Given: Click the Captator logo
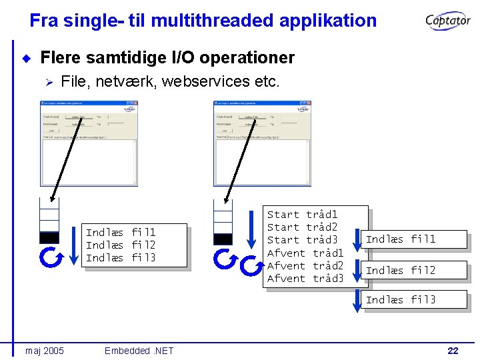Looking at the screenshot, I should tap(448, 21).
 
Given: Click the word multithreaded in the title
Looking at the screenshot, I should tap(212, 21).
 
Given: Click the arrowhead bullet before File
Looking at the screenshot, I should tap(48, 82).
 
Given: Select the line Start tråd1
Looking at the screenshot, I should tap(302, 215).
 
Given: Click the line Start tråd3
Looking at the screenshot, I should tap(302, 240).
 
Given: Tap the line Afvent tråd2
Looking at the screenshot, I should tap(305, 266).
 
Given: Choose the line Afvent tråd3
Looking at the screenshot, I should tap(305, 279).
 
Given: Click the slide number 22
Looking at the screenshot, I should tap(453, 351).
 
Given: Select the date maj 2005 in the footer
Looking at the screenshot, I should tap(45, 351).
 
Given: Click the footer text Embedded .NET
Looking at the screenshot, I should tap(139, 351).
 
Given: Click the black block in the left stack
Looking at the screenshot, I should tap(49, 237).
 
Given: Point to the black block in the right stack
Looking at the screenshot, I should tap(223, 239).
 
